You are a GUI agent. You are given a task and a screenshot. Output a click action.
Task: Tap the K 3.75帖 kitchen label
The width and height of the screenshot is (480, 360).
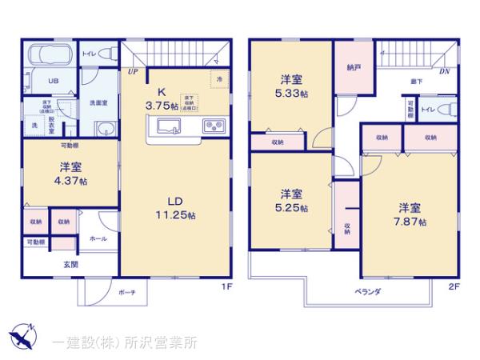[x=161, y=98]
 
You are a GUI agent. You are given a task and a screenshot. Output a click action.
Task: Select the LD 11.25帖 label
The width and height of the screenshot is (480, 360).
[x=176, y=206]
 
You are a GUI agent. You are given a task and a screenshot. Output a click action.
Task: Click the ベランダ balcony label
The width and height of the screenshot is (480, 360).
[x=367, y=291]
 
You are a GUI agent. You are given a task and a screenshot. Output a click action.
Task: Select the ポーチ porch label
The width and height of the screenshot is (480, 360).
[x=126, y=292]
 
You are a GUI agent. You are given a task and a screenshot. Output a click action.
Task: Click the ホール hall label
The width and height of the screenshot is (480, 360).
[x=98, y=238]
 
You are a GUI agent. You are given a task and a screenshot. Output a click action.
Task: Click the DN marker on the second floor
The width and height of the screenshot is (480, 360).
[x=444, y=71]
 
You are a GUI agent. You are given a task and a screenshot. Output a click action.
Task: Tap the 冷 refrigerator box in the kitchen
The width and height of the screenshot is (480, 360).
[x=219, y=78]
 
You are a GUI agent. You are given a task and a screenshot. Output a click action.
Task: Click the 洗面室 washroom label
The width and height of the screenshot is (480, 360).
[x=98, y=102]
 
